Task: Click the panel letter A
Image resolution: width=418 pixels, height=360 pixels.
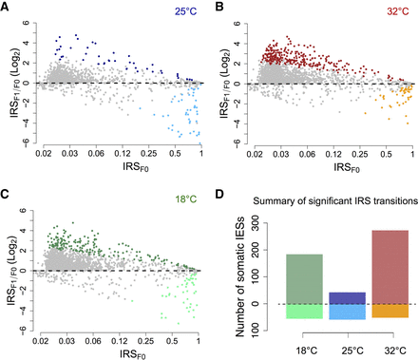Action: point(7,7)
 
